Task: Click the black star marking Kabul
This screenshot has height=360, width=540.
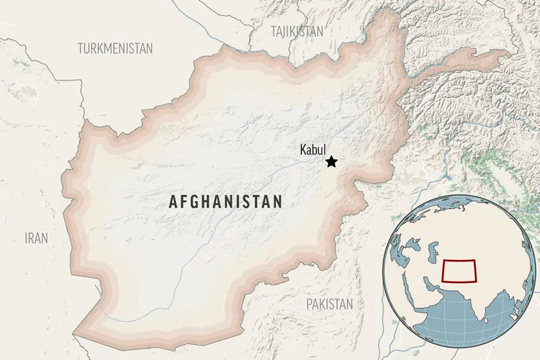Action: tap(331, 162)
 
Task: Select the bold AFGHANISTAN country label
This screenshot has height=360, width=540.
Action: tap(225, 202)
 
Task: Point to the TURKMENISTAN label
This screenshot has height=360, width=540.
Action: tap(115, 48)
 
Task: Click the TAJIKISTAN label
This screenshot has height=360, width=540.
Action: tap(297, 31)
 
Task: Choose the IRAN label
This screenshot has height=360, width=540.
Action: tap(37, 238)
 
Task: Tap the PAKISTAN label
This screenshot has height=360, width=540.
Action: tap(330, 304)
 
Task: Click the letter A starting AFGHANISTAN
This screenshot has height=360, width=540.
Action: tap(174, 202)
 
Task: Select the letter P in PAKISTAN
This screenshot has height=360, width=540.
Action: tap(310, 304)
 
